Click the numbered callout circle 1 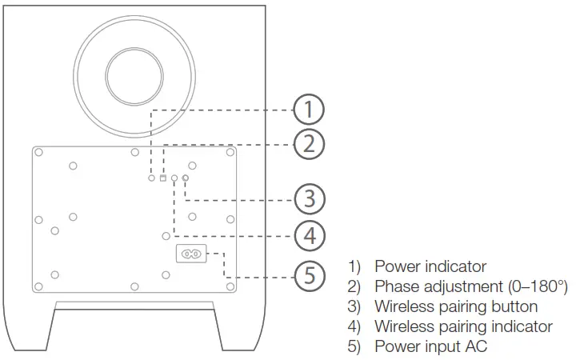click(x=309, y=109)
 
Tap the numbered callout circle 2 click(x=309, y=145)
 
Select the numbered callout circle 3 click(x=309, y=198)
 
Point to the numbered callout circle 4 click(x=309, y=236)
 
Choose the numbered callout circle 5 click(x=309, y=276)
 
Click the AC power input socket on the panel click(x=190, y=254)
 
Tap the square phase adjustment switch click(x=163, y=178)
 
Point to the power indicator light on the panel click(x=152, y=178)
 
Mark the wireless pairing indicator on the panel click(x=174, y=178)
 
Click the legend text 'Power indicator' click(x=430, y=266)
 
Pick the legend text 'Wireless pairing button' click(x=456, y=306)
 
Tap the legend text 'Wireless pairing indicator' click(x=463, y=326)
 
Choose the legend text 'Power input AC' click(x=430, y=346)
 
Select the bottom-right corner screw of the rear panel click(x=230, y=286)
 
